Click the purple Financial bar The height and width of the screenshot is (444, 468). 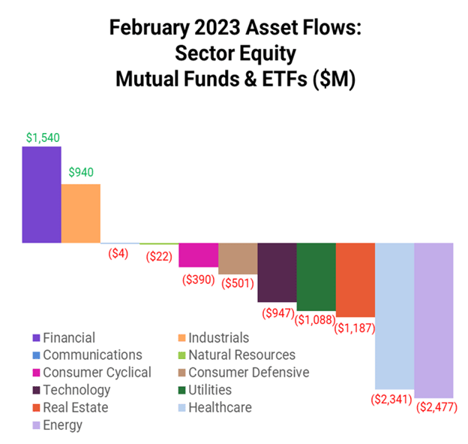[x=41, y=195]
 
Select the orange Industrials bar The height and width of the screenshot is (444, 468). [x=80, y=213]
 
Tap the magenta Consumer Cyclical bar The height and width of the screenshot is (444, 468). [x=198, y=255]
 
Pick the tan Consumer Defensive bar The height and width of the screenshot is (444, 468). [x=238, y=258]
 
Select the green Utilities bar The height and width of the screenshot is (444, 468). [x=316, y=276]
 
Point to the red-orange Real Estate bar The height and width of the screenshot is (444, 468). [x=355, y=279]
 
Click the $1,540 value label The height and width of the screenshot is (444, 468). [x=42, y=138]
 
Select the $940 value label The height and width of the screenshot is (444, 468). [x=81, y=173]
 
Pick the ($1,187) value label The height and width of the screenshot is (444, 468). [x=355, y=328]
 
